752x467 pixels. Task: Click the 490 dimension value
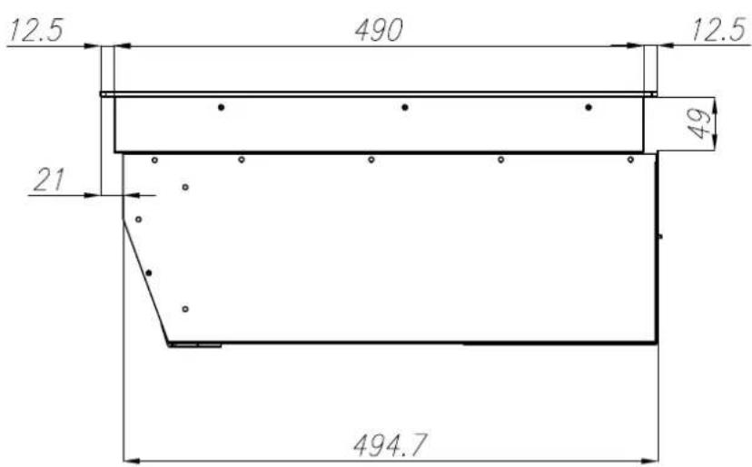379,30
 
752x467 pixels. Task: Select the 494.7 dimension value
390,445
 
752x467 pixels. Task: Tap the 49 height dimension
699,124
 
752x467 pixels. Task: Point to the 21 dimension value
48,180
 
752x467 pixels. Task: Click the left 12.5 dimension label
36,31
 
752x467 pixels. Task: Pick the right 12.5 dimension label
719,30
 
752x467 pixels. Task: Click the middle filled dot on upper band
405,107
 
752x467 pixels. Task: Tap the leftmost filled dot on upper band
221,107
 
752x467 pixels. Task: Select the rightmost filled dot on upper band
589,107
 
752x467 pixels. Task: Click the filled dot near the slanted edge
149,273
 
